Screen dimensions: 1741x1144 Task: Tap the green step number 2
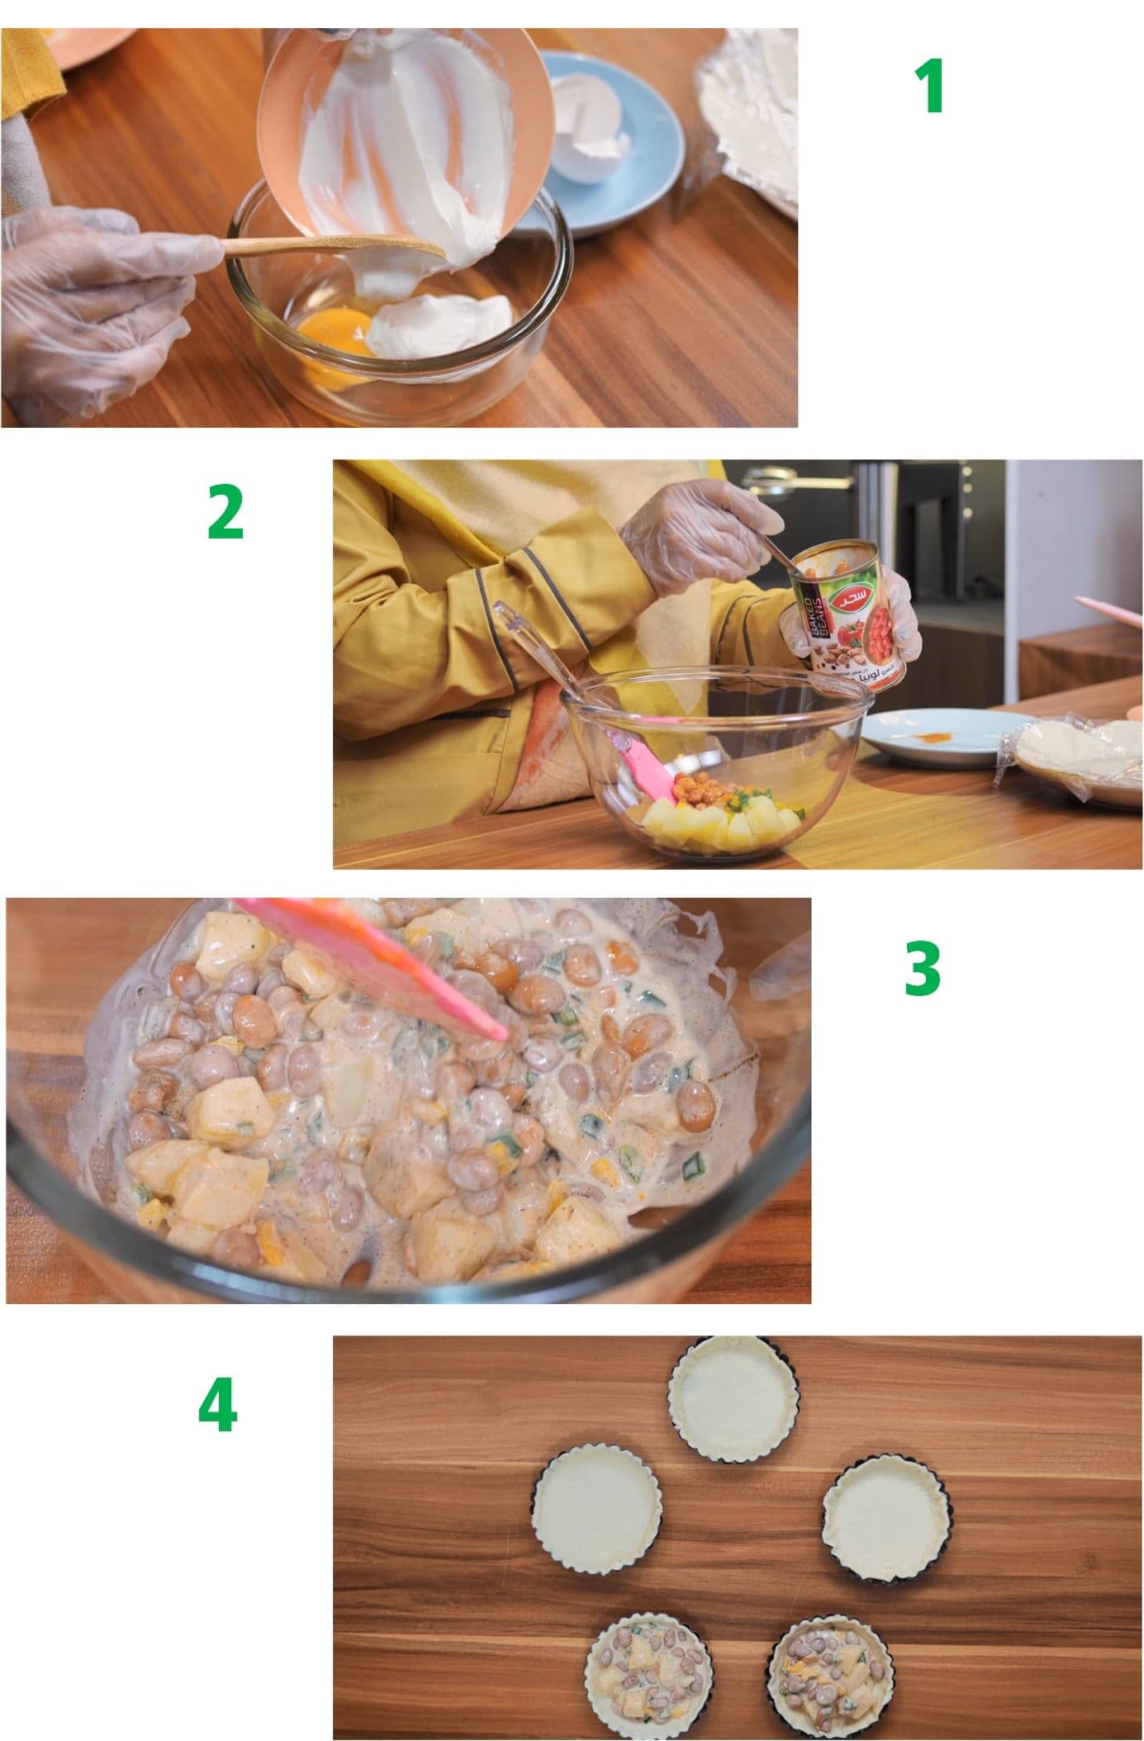tap(225, 513)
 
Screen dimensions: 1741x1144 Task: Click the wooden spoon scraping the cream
tap(330, 245)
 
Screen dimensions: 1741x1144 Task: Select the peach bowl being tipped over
tap(405, 132)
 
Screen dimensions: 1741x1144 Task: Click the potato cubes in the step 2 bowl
tap(719, 826)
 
